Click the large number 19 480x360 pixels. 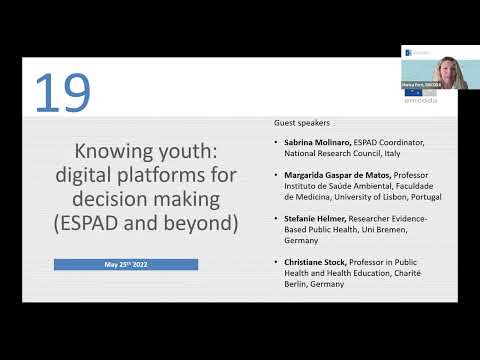62,92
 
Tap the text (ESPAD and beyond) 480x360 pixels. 146,223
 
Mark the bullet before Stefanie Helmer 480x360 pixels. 276,217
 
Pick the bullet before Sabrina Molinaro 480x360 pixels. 276,143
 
